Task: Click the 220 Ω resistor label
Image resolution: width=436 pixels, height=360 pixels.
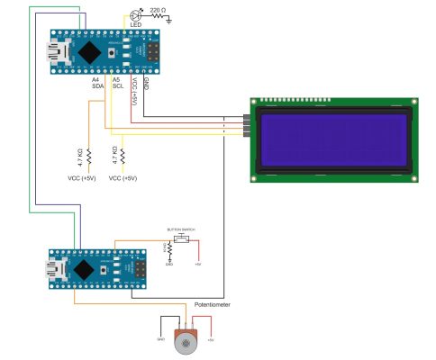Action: (157, 9)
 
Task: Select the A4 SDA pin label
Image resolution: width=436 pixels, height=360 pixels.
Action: (96, 84)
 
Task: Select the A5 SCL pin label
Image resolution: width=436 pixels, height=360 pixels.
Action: (117, 84)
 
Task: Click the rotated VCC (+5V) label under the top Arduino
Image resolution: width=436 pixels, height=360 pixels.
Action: (133, 92)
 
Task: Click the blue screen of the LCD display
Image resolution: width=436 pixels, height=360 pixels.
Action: (332, 140)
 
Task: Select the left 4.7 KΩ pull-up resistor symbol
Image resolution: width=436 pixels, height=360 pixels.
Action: (90, 158)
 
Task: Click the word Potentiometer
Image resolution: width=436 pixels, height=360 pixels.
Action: (213, 305)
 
